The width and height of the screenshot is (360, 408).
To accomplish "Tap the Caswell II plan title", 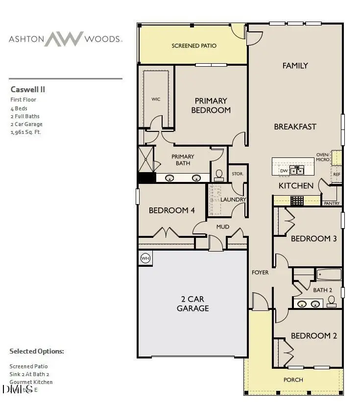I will [28, 90].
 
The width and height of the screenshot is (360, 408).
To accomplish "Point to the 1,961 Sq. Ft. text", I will [26, 132].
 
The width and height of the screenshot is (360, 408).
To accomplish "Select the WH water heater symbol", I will [145, 258].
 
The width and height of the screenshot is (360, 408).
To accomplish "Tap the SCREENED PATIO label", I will [194, 46].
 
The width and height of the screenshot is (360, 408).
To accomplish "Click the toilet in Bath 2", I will [332, 301].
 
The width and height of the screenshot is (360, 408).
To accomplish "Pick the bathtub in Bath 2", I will [329, 274].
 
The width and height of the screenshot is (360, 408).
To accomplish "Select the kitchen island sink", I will [296, 170].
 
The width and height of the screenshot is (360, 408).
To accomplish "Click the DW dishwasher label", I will [284, 171].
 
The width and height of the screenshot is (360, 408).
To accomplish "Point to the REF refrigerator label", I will [336, 174].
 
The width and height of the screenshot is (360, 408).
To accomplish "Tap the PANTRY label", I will [332, 203].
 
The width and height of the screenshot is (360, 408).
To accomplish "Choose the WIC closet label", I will [156, 100].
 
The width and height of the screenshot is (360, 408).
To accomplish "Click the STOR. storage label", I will [238, 174].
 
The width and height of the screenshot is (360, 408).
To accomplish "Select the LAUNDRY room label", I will [233, 200].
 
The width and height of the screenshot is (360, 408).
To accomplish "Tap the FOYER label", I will [260, 272].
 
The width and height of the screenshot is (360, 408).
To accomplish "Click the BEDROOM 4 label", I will [172, 210].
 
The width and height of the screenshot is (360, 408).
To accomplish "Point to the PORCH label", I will [293, 380].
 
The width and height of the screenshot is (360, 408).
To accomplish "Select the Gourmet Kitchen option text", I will [31, 382].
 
